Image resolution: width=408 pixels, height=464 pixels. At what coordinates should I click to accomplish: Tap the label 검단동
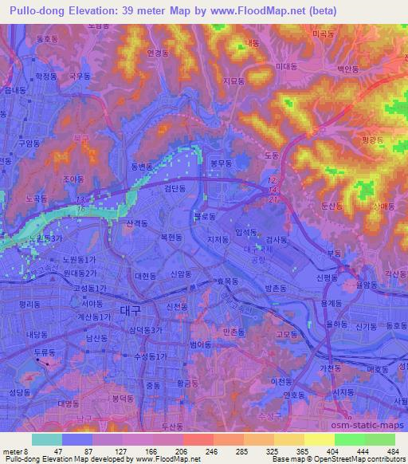point(175,189)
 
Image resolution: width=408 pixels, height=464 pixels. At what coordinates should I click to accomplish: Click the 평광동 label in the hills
point(372,139)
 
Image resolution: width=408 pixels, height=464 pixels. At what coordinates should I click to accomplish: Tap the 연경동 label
point(159,53)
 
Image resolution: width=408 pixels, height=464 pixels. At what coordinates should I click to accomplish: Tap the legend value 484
point(391,450)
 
